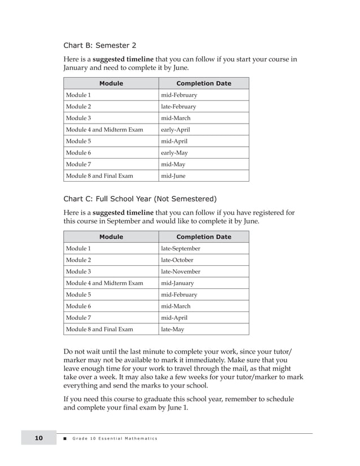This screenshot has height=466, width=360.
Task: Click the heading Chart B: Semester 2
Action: click(x=99, y=45)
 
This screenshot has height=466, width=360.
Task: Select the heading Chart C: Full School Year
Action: click(x=139, y=199)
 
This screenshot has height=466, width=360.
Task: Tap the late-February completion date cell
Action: click(x=178, y=107)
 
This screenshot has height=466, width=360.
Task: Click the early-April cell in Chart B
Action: click(x=175, y=130)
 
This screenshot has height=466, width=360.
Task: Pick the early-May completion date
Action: click(x=174, y=153)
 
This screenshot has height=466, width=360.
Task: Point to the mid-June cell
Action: click(x=173, y=176)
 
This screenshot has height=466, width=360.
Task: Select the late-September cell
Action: click(x=181, y=249)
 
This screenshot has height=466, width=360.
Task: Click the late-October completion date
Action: click(x=177, y=260)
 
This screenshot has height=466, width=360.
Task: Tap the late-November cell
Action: click(x=181, y=272)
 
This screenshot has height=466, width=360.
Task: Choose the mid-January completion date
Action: click(x=177, y=283)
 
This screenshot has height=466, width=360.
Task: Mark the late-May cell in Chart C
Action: click(x=172, y=329)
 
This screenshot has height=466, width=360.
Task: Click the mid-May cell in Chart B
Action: click(x=173, y=164)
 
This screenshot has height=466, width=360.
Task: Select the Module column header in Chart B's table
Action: click(x=111, y=83)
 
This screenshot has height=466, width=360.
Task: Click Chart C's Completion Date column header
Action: click(x=204, y=237)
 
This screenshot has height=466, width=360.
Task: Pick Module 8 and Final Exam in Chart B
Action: click(x=99, y=176)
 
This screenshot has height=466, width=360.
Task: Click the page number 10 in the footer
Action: click(x=38, y=438)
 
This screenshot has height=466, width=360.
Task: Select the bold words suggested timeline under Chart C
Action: click(x=122, y=213)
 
